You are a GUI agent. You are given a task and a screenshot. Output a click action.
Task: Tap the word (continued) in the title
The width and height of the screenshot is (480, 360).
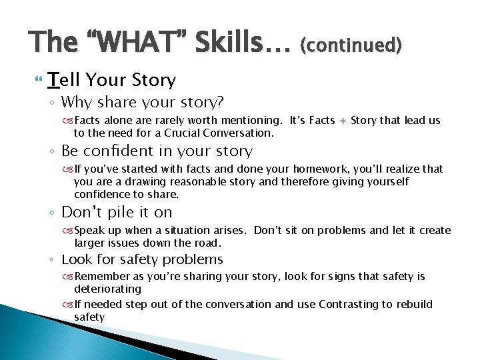click(351, 45)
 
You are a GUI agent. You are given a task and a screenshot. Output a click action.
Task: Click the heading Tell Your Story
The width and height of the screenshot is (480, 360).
click(112, 81)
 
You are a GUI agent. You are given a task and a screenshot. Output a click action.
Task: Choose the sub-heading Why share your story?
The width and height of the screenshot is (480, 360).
click(142, 103)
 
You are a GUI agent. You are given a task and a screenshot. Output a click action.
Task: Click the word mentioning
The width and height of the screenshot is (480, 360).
click(251, 121)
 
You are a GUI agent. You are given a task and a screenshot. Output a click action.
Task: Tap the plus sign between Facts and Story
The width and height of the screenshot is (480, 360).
click(345, 121)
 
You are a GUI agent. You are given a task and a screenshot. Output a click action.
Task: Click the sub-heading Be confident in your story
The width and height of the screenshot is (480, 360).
click(157, 151)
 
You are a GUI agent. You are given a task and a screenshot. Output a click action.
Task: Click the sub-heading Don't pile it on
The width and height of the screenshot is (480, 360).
click(117, 213)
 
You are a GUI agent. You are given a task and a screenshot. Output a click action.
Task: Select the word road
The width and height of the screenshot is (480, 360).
click(207, 243)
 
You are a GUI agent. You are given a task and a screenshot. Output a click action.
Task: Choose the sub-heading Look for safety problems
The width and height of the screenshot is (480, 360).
click(142, 259)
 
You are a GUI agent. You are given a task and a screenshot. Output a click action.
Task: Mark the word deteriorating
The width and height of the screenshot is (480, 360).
click(107, 289)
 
